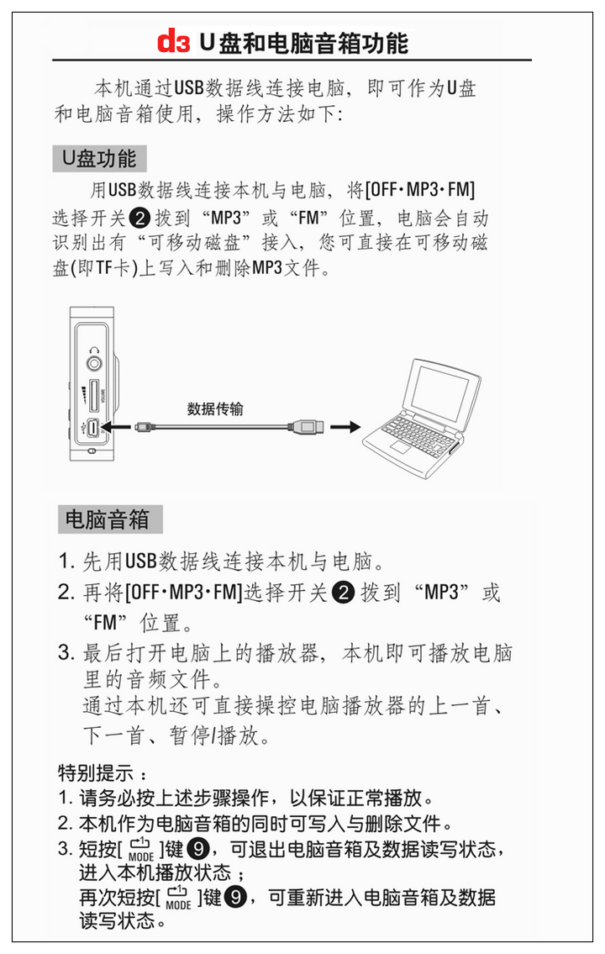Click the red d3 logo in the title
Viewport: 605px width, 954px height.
tap(173, 42)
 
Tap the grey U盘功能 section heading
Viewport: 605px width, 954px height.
tap(99, 159)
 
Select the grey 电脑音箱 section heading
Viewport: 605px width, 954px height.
tap(110, 519)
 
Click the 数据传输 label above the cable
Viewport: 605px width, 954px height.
tap(215, 408)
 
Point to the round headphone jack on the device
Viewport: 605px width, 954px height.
tap(94, 364)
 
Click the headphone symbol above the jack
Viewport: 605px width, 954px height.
tap(94, 351)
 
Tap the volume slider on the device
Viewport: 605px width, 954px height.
tap(93, 396)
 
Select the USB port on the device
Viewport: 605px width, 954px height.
tap(93, 429)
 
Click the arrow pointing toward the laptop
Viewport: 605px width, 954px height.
tap(345, 427)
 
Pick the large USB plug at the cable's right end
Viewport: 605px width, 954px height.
tap(307, 427)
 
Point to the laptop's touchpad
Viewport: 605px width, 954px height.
tap(399, 447)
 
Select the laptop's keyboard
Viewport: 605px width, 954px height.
tap(419, 430)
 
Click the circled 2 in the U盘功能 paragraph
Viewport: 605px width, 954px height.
tap(139, 217)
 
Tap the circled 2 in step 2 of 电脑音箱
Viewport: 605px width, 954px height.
tap(343, 592)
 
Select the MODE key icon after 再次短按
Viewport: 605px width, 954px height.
tap(178, 898)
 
